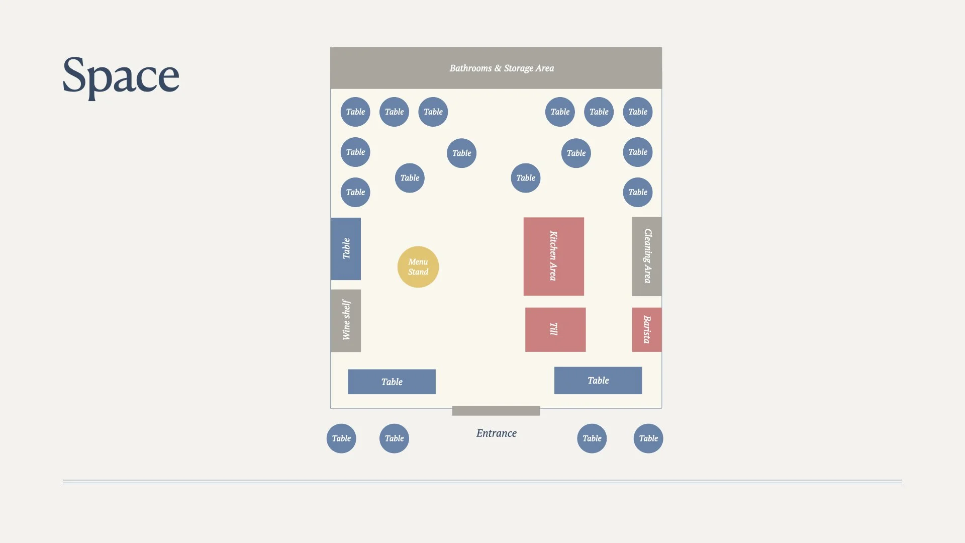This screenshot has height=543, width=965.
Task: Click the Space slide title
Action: tap(121, 75)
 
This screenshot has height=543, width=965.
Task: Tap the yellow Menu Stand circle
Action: tap(418, 267)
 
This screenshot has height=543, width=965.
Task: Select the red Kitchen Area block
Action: tap(553, 256)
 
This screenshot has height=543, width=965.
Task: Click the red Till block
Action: tap(555, 329)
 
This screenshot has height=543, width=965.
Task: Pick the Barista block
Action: tap(646, 329)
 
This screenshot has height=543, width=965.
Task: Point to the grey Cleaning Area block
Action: tap(646, 256)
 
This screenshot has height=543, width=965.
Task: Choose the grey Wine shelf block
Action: tap(346, 320)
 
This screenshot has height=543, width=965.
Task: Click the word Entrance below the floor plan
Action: tap(496, 433)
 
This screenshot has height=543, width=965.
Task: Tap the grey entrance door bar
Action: tap(496, 411)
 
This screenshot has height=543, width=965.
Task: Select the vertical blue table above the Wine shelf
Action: tap(346, 248)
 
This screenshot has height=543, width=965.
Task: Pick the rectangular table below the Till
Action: tap(598, 381)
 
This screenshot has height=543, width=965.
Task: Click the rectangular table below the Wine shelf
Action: tap(392, 382)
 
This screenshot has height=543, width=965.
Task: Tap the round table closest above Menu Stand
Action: tap(410, 178)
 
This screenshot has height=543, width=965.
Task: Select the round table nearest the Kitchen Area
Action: tap(526, 178)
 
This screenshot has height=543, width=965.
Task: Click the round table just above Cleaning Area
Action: tap(638, 192)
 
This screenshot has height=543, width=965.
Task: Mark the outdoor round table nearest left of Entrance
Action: tap(394, 438)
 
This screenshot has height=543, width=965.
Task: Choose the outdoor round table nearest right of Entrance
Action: tap(592, 438)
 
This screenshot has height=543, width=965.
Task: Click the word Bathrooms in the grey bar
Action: tap(470, 68)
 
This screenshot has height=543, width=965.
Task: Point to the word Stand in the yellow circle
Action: tap(418, 272)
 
